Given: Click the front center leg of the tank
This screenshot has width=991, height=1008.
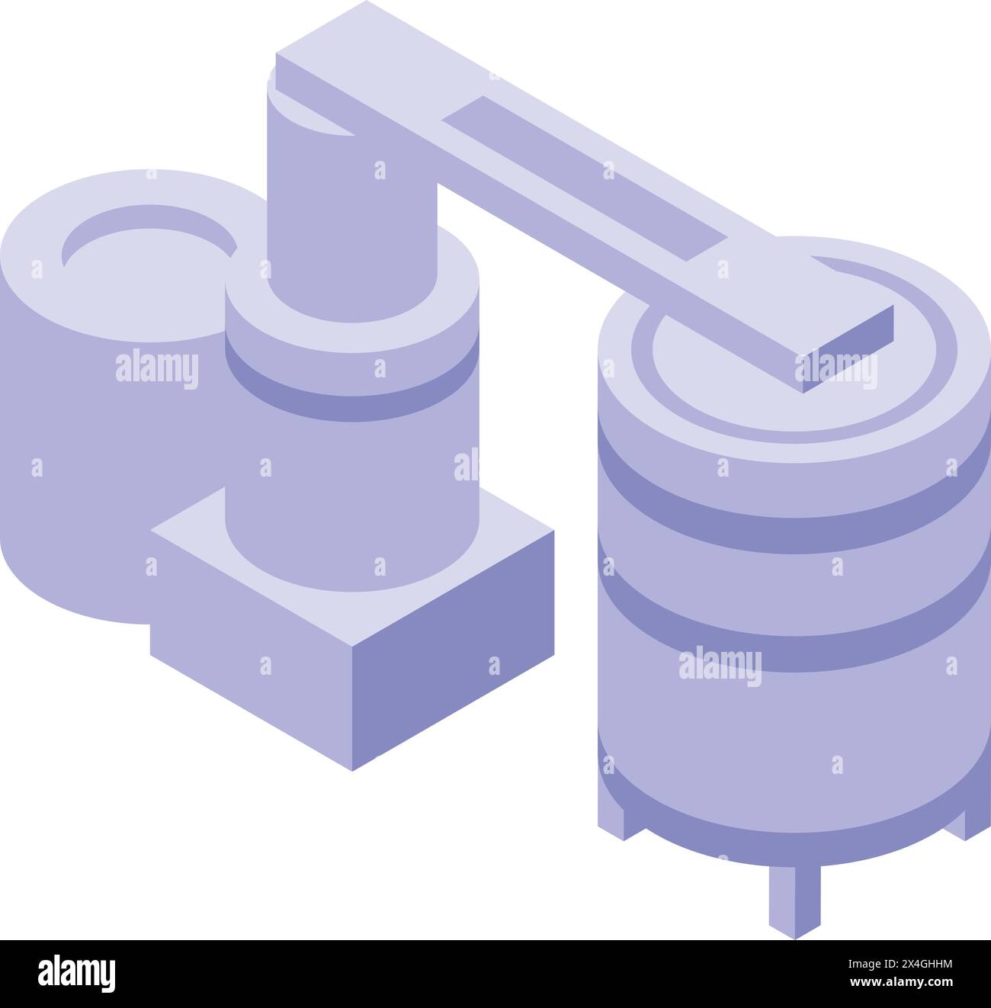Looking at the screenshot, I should point(794,900).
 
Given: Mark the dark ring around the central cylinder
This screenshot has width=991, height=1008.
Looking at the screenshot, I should point(351,389).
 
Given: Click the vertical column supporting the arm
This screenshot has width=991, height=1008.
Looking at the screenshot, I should point(351,213).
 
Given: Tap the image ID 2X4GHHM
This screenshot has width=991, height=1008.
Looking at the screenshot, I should point(911,965).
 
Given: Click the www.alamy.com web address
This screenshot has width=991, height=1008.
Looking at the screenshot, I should point(911,984).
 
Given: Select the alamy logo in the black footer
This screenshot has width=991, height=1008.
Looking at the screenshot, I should point(76,974).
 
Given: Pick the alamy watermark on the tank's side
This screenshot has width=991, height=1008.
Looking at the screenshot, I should point(720,664).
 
